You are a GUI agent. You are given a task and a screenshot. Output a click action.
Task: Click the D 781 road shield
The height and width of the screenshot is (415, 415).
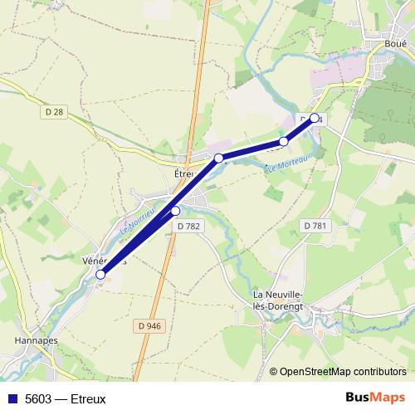[315, 226]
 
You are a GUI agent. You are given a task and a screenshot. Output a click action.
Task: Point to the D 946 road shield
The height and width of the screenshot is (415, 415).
[148, 326]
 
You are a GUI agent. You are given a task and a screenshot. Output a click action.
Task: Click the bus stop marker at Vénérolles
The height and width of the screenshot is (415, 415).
[101, 274]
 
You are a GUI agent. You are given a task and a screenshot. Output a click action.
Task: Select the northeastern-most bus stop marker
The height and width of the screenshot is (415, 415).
[315, 118]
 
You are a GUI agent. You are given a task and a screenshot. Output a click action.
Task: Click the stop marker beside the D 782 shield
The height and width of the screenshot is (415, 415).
[175, 211]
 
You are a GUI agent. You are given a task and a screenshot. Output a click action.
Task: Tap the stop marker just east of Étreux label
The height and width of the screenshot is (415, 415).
[219, 158]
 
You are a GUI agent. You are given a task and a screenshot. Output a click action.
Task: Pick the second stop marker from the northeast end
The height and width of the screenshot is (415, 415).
[284, 142]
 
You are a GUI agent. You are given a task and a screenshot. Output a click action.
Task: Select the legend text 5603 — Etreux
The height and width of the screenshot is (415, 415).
[66, 398]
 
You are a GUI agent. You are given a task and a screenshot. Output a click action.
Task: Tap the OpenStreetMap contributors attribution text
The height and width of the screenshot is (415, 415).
[342, 371]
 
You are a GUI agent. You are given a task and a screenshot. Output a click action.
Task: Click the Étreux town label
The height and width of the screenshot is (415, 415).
[183, 175]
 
